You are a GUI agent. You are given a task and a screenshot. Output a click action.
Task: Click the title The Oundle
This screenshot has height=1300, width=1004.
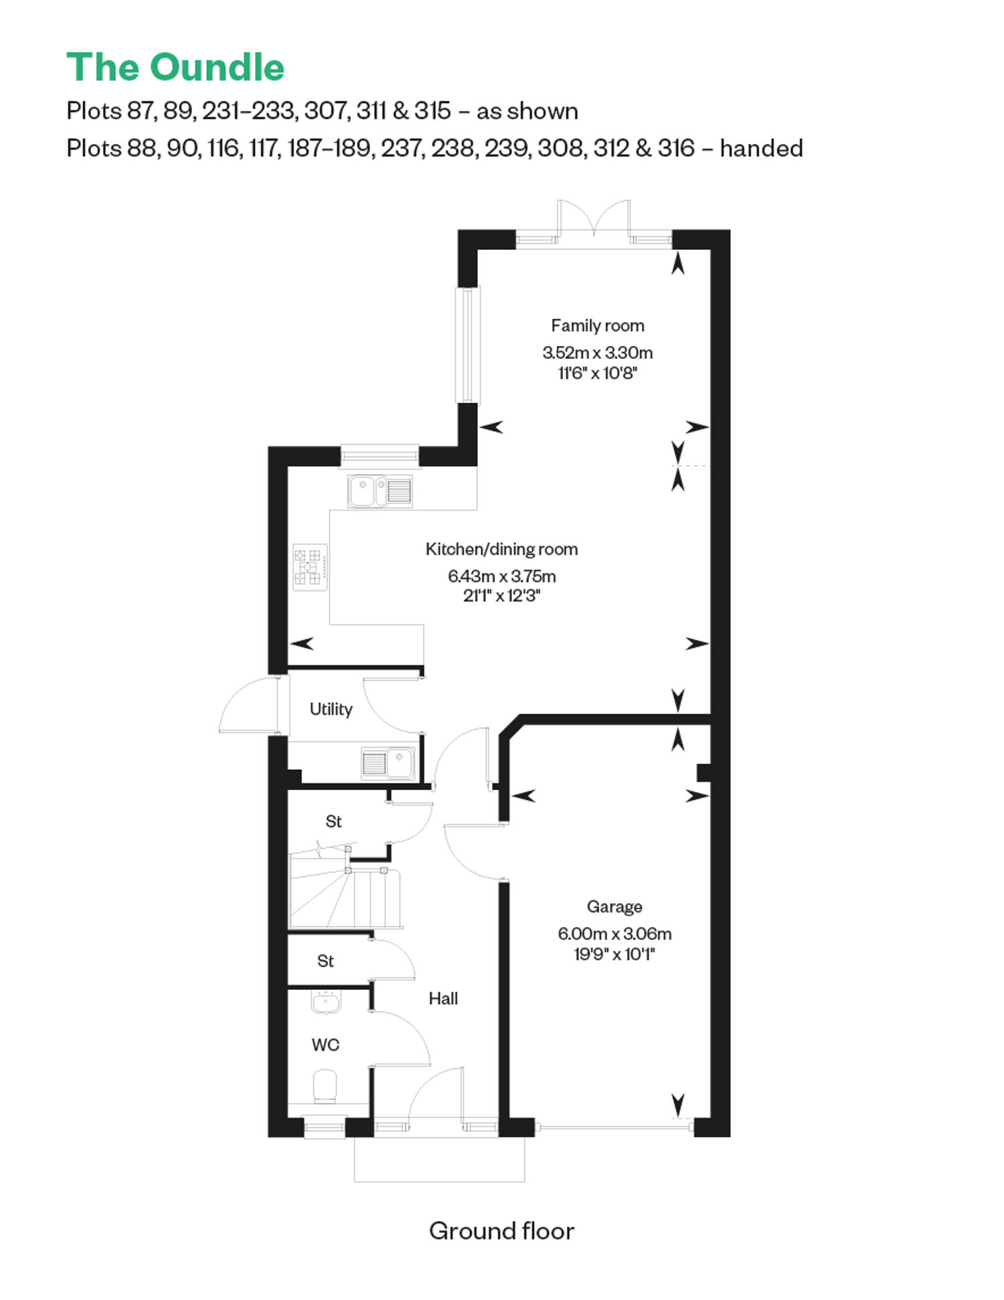(175, 68)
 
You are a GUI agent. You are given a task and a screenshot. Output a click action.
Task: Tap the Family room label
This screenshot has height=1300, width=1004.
(597, 326)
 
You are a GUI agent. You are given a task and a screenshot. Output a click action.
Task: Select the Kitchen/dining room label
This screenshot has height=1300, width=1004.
(501, 550)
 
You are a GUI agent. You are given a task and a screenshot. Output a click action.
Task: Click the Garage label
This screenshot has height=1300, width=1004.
(614, 907)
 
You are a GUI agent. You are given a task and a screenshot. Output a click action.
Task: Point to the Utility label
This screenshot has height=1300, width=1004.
(331, 710)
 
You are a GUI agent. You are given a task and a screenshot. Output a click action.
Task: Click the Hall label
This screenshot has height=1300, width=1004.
(443, 999)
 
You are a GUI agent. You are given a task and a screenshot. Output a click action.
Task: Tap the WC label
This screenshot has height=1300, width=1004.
(325, 1045)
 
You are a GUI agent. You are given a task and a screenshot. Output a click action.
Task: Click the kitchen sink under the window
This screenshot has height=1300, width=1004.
(380, 491)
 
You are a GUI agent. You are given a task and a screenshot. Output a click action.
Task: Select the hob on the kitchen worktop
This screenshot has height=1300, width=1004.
(310, 567)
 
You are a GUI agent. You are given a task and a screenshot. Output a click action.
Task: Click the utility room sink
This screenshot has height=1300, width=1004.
(388, 763)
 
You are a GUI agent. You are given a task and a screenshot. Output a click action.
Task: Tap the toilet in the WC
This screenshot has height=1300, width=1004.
(325, 1086)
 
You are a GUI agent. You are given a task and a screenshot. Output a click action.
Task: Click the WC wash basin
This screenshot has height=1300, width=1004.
(326, 1002)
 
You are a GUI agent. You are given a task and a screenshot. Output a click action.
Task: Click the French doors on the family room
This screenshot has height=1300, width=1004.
(594, 219)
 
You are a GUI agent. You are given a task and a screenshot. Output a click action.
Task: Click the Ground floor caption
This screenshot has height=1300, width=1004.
(501, 1230)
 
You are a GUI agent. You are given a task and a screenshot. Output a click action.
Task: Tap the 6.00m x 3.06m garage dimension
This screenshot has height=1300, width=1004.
(614, 934)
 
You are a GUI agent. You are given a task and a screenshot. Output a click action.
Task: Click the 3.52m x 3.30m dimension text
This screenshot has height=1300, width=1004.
(597, 353)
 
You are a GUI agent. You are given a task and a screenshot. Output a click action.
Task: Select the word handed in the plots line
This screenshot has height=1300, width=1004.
(761, 148)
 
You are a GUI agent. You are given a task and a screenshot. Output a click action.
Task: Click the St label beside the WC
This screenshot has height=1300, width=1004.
(325, 961)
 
